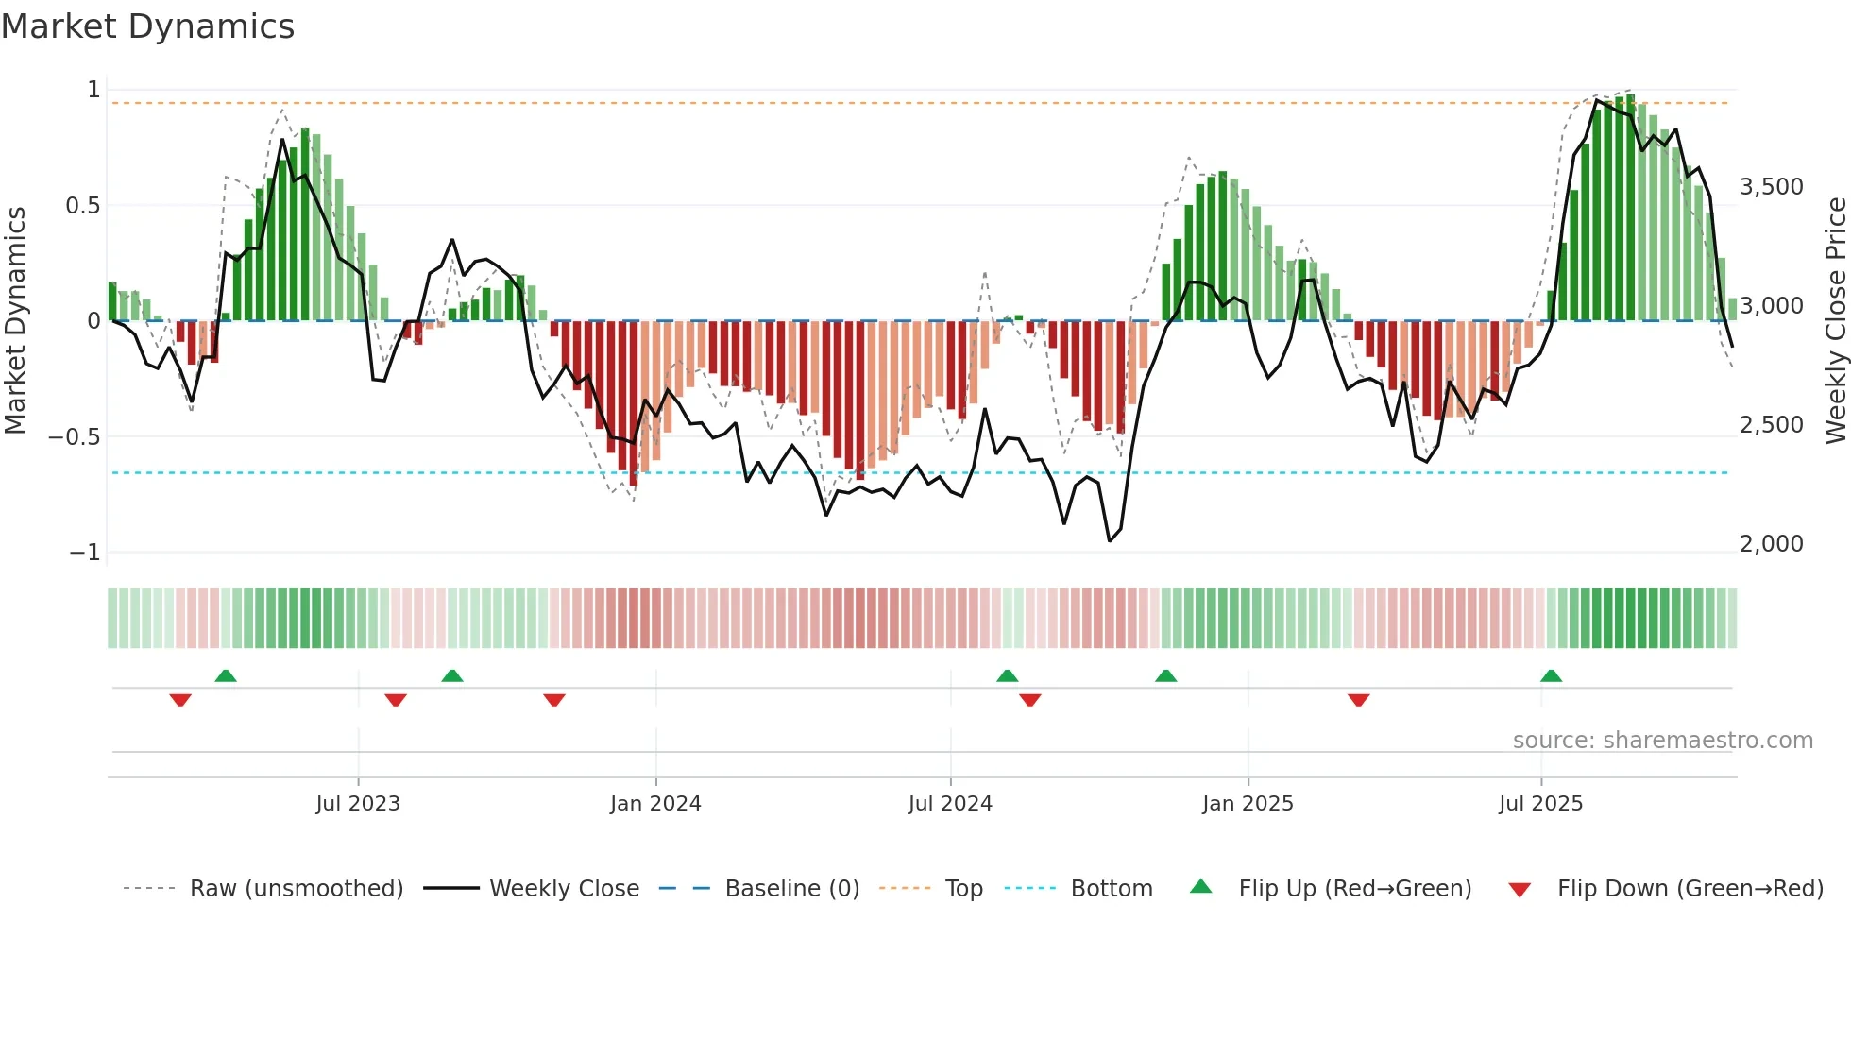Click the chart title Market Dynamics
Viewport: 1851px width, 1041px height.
(147, 26)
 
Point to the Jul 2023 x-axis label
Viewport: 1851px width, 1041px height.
(358, 804)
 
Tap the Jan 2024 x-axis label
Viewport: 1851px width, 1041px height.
(655, 804)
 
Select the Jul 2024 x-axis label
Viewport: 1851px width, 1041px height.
(950, 804)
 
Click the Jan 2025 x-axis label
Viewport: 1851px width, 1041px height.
(1248, 804)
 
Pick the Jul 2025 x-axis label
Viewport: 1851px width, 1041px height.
(1540, 804)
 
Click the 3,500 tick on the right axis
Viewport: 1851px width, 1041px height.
(1772, 187)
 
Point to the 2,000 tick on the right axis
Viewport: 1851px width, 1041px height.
(1772, 544)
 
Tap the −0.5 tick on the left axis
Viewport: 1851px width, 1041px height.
(75, 437)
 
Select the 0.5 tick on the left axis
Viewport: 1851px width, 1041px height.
(82, 206)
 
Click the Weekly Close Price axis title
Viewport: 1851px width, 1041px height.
(1835, 321)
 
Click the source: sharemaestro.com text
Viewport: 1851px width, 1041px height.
(1662, 741)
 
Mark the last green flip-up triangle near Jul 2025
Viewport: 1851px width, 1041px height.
(1551, 676)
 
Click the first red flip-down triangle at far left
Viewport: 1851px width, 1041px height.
(180, 699)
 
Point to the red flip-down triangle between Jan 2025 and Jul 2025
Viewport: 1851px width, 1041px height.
(1358, 699)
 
